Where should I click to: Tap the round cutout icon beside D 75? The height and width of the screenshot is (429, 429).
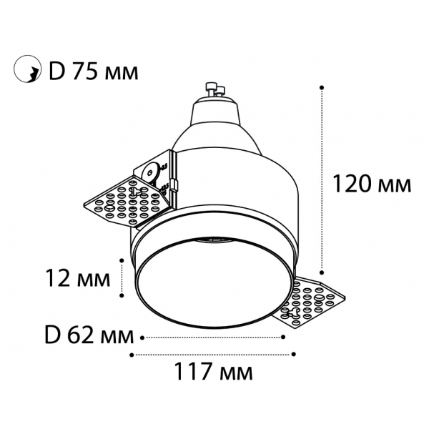26,70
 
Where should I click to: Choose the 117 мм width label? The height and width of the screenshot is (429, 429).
214,373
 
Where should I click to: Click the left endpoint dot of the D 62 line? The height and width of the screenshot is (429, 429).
144,335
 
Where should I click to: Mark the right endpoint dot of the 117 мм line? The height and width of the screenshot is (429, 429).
294,353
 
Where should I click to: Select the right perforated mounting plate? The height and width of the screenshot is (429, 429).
315,300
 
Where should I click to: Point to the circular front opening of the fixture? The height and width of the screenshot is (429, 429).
214,282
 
